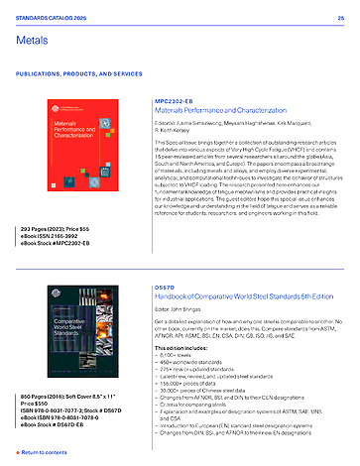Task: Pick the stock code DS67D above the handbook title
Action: tap(166, 259)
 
